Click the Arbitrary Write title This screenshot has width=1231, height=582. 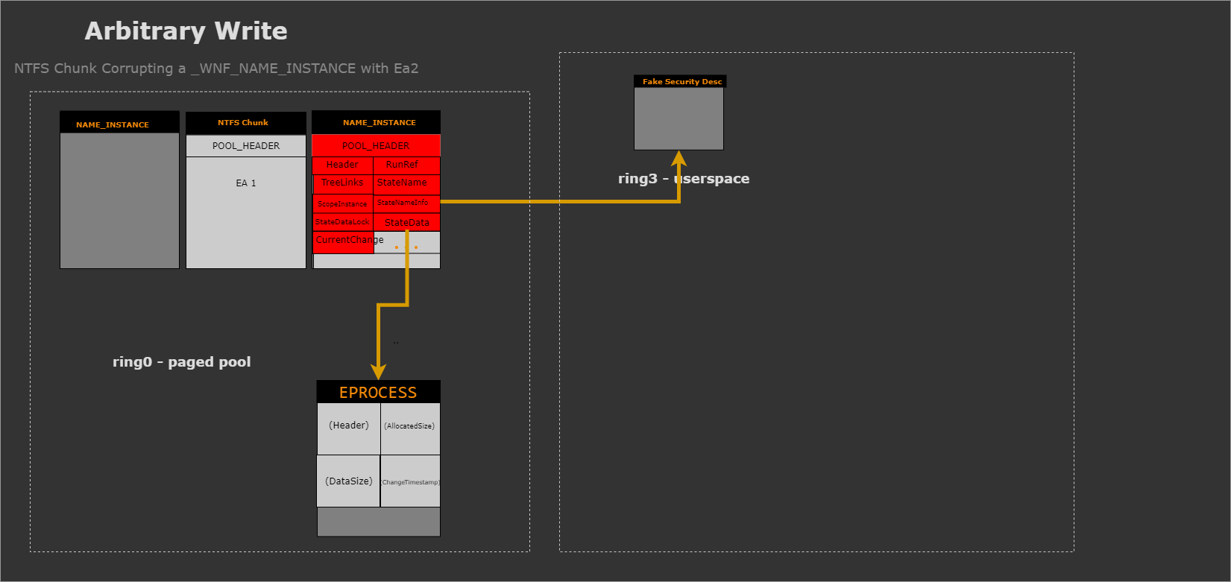pos(186,31)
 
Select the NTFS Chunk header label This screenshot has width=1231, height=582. pos(243,122)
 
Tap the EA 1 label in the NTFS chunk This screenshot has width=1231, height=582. pos(246,183)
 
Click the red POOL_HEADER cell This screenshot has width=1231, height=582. pos(376,146)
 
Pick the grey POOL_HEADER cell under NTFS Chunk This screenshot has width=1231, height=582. pos(246,146)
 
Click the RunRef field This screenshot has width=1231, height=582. pos(403,165)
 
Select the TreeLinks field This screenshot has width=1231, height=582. pos(342,183)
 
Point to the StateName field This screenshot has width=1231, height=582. pos(403,183)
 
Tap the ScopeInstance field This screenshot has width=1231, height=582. pos(342,203)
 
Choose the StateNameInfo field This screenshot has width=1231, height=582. pos(403,203)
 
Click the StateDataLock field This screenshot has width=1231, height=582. pos(342,222)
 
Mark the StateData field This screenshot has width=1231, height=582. pos(407,223)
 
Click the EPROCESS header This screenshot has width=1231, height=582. pos(378,392)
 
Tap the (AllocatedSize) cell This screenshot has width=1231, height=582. pos(409,426)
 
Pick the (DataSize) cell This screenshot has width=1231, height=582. pos(348,481)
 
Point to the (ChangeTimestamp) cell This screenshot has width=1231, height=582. pos(410,482)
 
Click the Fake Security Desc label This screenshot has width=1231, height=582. pos(682,82)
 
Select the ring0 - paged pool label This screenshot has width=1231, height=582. pos(181,362)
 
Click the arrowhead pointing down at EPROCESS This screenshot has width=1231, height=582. pos(379,371)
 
